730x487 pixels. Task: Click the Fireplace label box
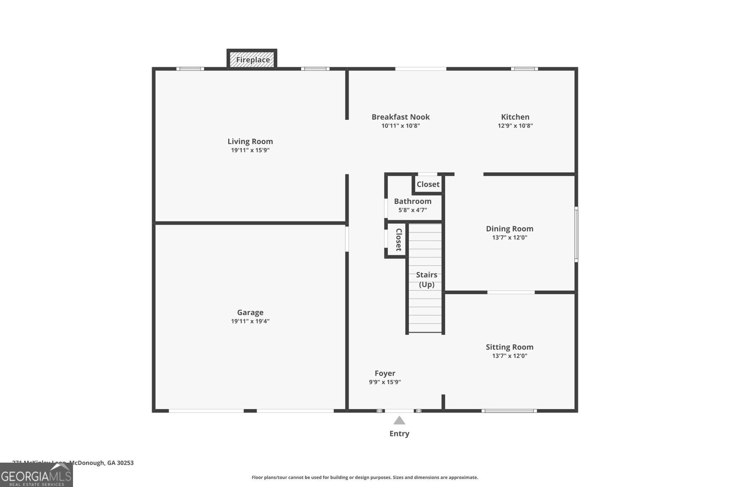click(x=252, y=60)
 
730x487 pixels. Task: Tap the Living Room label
click(x=250, y=141)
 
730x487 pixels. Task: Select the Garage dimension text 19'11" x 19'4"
click(x=250, y=321)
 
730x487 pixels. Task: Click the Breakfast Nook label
click(x=401, y=117)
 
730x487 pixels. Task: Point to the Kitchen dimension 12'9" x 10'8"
click(x=515, y=126)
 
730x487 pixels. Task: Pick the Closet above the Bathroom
click(x=428, y=184)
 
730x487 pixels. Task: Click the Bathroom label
click(x=412, y=201)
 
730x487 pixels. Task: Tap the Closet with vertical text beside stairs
click(x=398, y=240)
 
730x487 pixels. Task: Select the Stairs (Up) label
click(x=427, y=279)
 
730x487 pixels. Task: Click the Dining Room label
click(x=509, y=229)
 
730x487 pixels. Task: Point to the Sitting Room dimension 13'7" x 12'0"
click(x=509, y=356)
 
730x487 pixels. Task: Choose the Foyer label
click(x=385, y=373)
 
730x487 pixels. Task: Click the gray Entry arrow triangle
click(x=399, y=421)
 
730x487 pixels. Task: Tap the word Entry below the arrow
click(x=399, y=434)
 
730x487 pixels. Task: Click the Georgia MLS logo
click(x=36, y=476)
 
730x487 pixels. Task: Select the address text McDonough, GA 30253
click(x=101, y=463)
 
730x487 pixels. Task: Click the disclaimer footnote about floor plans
click(x=365, y=477)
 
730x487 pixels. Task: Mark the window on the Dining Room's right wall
click(x=576, y=234)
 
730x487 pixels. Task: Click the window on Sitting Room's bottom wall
click(x=509, y=411)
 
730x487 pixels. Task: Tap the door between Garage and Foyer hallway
click(x=347, y=239)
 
